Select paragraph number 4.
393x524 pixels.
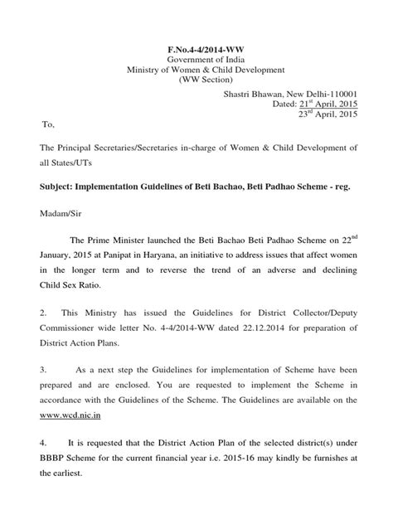[x=45, y=437]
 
